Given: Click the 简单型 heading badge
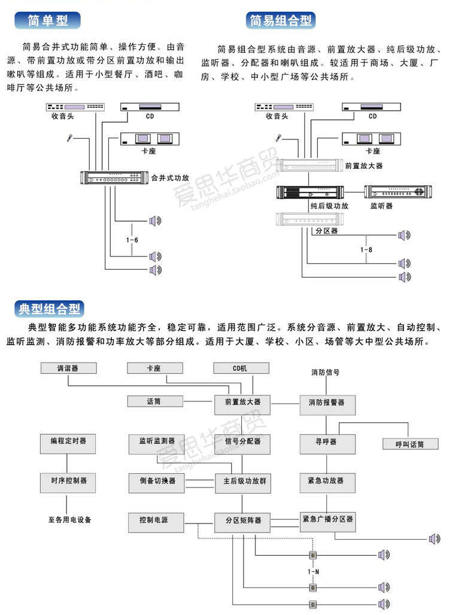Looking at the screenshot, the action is (x=48, y=20).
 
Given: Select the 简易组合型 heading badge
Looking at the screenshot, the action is (x=281, y=20).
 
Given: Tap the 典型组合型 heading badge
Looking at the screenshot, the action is (x=49, y=309).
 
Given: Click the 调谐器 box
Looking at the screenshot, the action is (x=68, y=369).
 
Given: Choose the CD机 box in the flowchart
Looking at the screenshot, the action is (x=239, y=369).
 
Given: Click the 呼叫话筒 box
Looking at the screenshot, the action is (x=409, y=444).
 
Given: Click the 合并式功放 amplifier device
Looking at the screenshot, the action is (x=114, y=178).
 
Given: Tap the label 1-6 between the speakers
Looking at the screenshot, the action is (x=132, y=239).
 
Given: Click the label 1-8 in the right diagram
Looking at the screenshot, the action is (x=366, y=249).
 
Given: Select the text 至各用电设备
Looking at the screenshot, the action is (x=70, y=519).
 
